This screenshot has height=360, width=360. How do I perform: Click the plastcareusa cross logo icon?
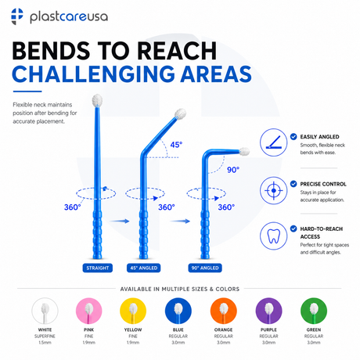[x=17, y=16]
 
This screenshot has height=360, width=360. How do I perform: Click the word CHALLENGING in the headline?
[x=93, y=74]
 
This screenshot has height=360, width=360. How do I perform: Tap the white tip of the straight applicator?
[x=97, y=100]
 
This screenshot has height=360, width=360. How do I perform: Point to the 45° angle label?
[x=176, y=145]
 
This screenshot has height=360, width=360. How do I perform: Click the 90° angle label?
[x=233, y=170]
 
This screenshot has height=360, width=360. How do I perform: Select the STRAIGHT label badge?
[x=98, y=268]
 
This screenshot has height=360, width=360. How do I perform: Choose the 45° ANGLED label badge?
[x=144, y=268]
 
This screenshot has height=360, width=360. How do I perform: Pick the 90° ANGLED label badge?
[x=205, y=268]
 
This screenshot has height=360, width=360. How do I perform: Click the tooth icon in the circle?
[x=273, y=236]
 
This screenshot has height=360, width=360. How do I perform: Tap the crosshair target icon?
[x=273, y=190]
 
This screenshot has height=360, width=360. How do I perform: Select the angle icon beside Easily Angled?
[x=273, y=142]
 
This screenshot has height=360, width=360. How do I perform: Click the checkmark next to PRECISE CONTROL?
[x=293, y=184]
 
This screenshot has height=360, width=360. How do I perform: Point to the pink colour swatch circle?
[x=89, y=311]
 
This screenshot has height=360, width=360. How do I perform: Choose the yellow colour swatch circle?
[x=133, y=311]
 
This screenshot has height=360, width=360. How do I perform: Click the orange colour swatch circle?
[x=224, y=311]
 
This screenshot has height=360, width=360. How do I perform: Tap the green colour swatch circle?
[x=314, y=311]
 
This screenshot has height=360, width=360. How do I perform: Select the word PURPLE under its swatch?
[x=268, y=329]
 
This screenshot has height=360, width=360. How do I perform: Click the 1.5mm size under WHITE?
[x=45, y=343]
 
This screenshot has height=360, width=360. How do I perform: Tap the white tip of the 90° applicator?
[x=244, y=151]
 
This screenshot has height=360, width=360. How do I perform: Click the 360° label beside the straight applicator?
[x=73, y=207]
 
